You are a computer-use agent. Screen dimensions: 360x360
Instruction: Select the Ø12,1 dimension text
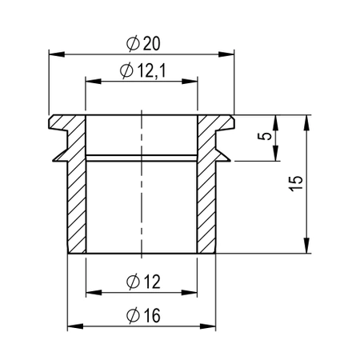(x=142, y=71)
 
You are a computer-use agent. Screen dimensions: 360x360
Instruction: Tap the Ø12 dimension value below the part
(x=142, y=281)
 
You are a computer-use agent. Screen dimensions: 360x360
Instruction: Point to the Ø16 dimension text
(x=142, y=315)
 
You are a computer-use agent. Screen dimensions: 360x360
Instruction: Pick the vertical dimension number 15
(x=295, y=183)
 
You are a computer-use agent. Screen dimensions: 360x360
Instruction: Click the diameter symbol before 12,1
(x=125, y=71)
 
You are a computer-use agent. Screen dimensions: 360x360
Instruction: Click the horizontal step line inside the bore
(x=142, y=155)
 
